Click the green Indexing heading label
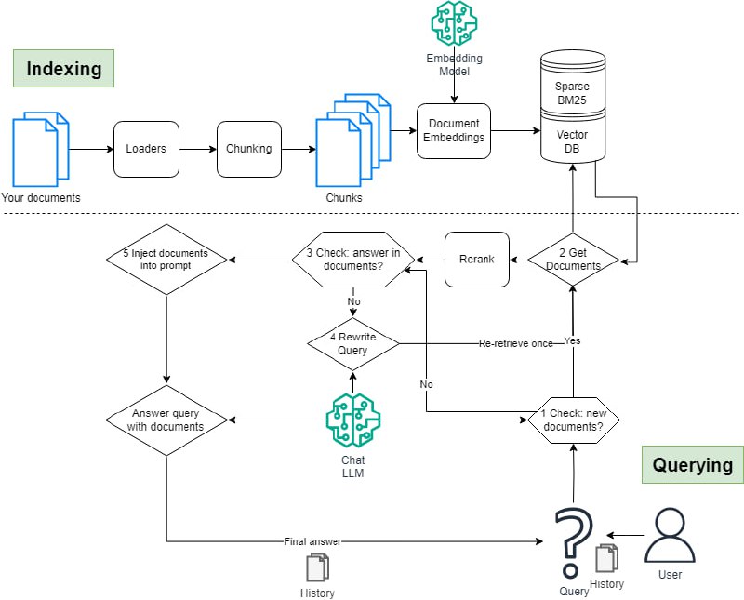(x=63, y=69)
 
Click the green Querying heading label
(x=692, y=464)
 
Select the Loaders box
(x=145, y=149)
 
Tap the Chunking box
(x=248, y=149)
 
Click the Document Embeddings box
(x=453, y=131)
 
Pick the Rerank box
(x=477, y=260)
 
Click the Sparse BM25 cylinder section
(x=572, y=92)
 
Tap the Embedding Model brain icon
(x=455, y=25)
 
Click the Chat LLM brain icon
(x=353, y=420)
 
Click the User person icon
(x=670, y=536)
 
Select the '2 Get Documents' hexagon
(x=573, y=260)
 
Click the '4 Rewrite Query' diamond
(x=353, y=343)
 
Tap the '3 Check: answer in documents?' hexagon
(x=353, y=260)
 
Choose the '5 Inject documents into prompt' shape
(x=165, y=260)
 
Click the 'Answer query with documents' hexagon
(x=166, y=420)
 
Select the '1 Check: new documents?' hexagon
(x=573, y=420)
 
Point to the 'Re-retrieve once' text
(x=514, y=343)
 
